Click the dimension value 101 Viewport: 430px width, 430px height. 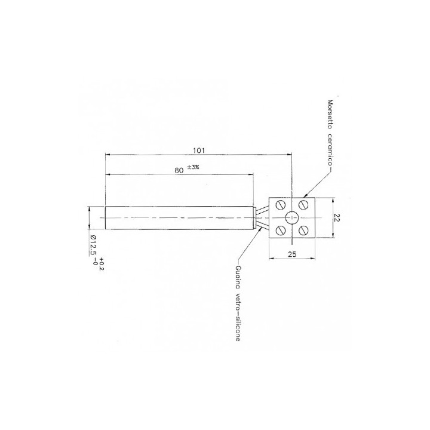(199, 150)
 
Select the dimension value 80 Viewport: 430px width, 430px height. (179, 170)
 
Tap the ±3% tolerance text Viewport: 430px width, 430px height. (193, 167)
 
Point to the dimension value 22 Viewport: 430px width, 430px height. (337, 218)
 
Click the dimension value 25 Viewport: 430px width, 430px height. (292, 254)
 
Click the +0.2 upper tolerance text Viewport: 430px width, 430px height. (102, 264)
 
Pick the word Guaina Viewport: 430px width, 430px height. (238, 277)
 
